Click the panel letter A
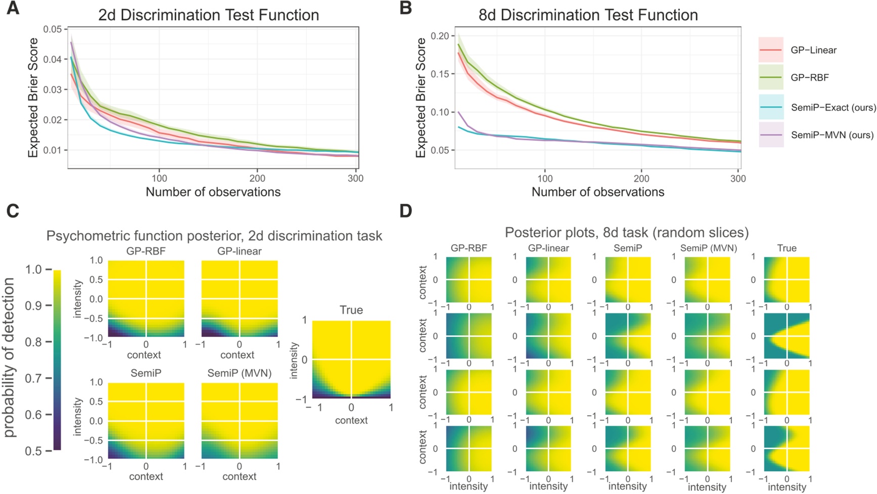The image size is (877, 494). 13,9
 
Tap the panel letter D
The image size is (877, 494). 406,211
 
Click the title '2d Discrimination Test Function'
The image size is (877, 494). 208,15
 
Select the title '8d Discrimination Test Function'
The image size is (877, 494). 588,15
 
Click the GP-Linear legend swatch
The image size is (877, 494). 771,50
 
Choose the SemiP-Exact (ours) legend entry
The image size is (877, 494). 833,107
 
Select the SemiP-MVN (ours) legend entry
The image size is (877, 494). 832,135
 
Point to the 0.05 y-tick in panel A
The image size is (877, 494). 52,29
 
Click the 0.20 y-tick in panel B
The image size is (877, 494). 439,36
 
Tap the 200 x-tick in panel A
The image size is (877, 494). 257,178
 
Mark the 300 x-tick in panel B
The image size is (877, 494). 738,178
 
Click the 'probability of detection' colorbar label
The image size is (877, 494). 10,358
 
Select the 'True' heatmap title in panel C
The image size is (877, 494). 351,310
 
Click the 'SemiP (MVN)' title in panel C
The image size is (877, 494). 239,373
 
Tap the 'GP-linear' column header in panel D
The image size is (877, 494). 548,248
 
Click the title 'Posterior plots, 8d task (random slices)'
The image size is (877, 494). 626,233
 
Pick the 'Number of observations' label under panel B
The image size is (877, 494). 597,192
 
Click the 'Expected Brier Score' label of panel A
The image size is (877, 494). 33,98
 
